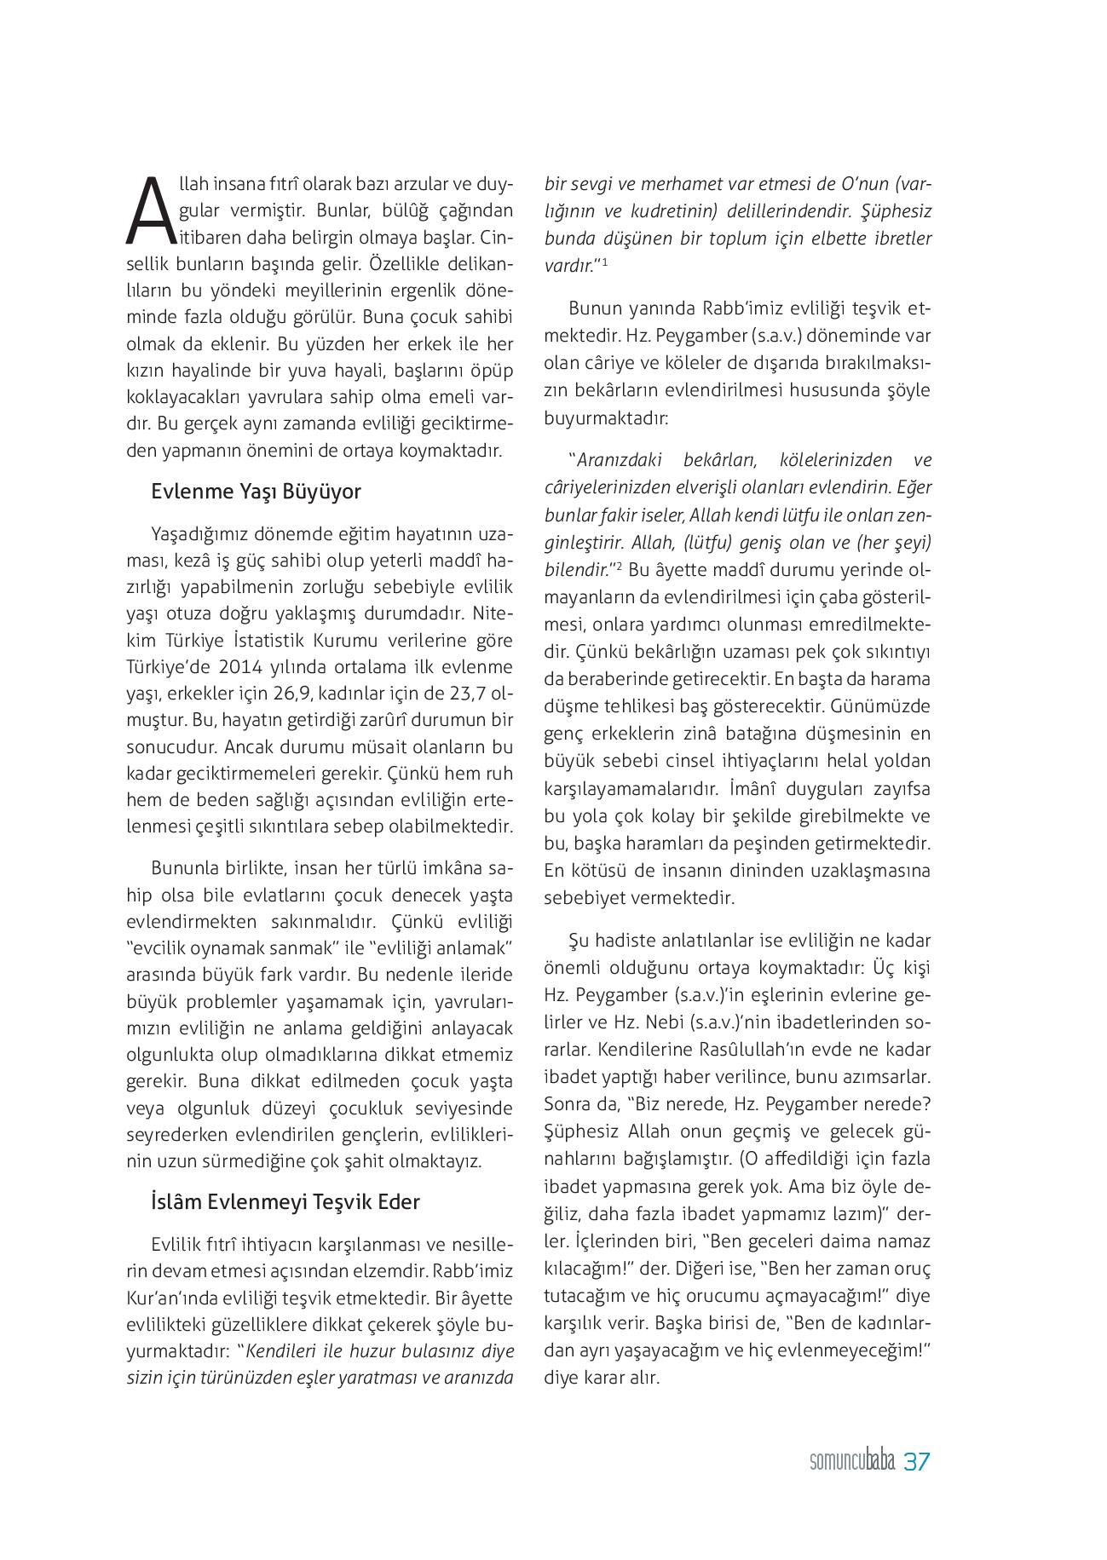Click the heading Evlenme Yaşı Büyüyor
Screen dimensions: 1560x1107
256,492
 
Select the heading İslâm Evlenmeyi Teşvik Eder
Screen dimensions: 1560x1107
285,1202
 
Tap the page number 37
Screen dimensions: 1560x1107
916,1462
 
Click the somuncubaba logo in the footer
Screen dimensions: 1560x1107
851,1463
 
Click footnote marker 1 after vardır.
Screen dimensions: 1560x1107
604,261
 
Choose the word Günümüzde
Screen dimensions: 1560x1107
886,706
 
